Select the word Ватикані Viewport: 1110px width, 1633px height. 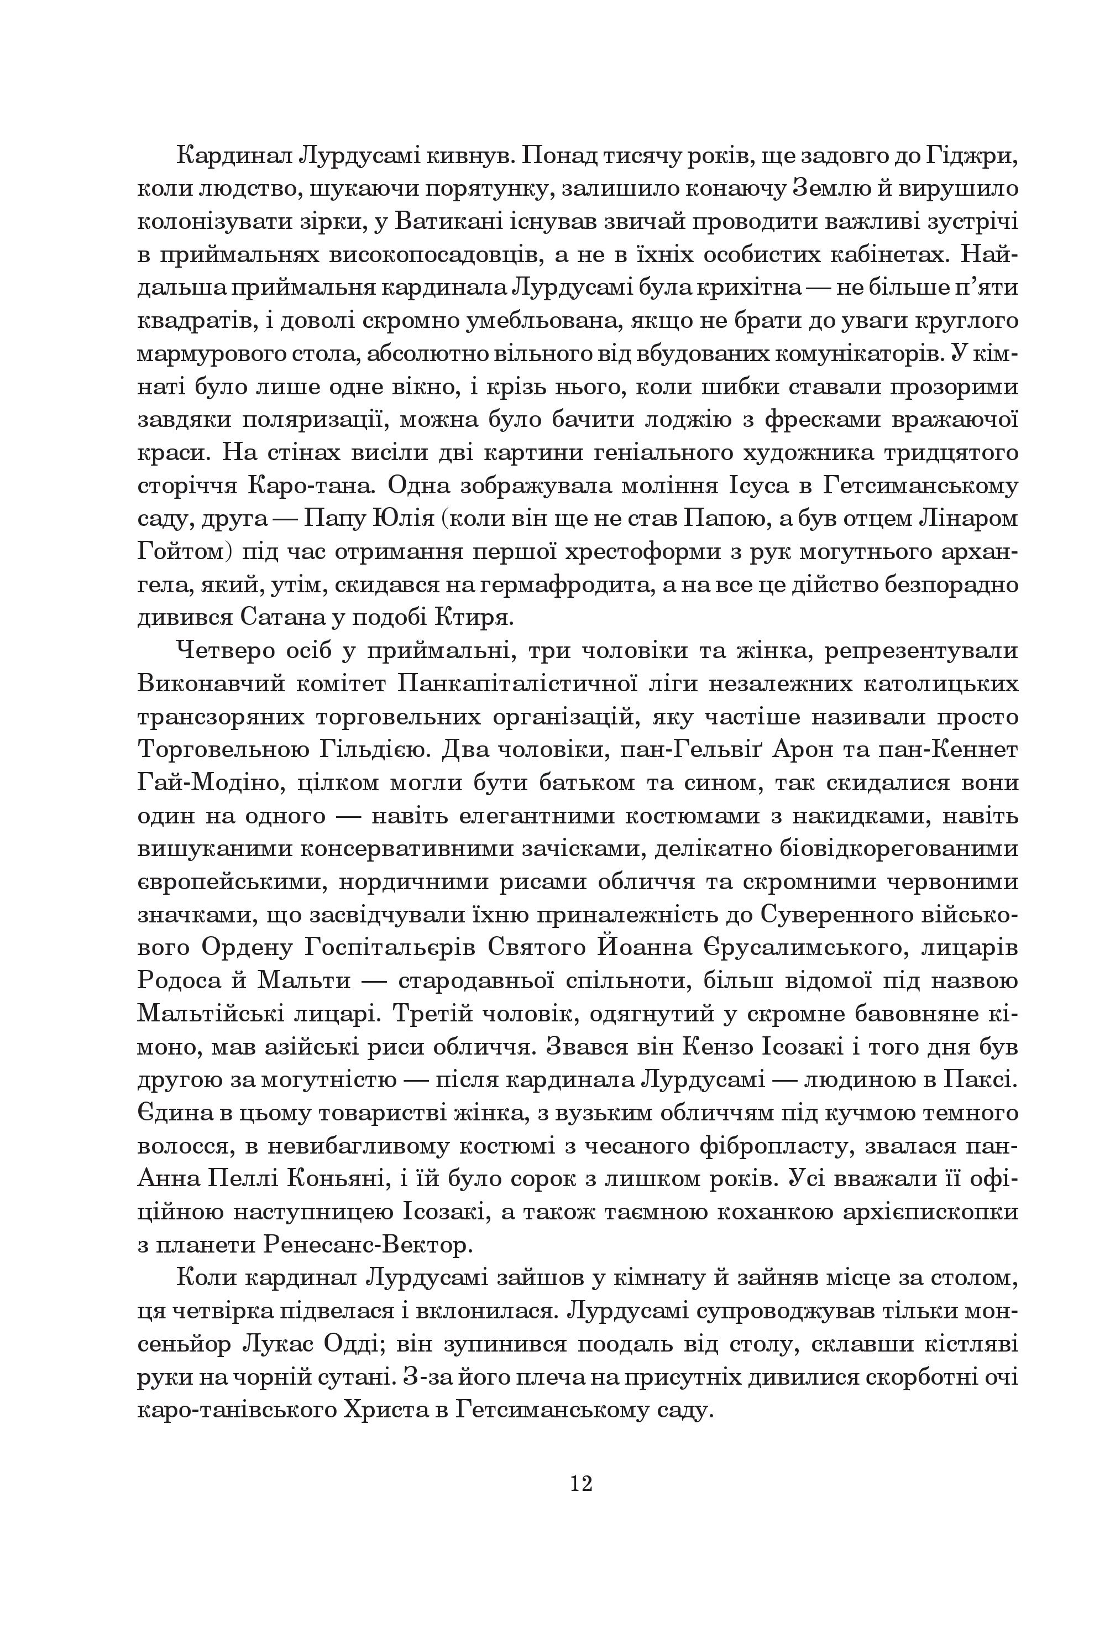(447, 222)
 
